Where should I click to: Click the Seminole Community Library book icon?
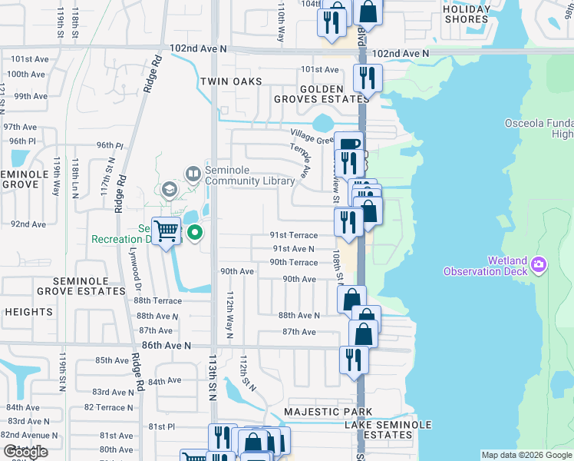click(192, 174)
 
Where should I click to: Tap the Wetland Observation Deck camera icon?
click(538, 265)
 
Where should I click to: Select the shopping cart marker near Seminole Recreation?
click(166, 230)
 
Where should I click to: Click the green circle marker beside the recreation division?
click(195, 231)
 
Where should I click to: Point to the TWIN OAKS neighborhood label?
click(231, 81)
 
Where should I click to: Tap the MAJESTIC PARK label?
click(317, 412)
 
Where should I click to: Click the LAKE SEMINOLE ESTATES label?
click(388, 429)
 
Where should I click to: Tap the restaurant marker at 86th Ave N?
click(353, 360)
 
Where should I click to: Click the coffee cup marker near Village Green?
click(348, 144)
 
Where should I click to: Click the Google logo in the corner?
click(26, 453)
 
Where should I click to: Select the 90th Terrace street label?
click(293, 262)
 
